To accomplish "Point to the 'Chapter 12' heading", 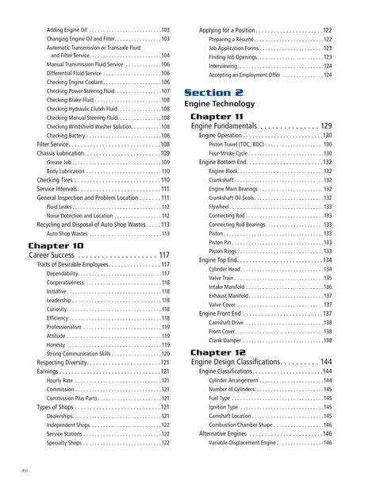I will pyautogui.click(x=221, y=352).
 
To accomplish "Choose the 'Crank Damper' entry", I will pyautogui.click(x=229, y=340).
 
